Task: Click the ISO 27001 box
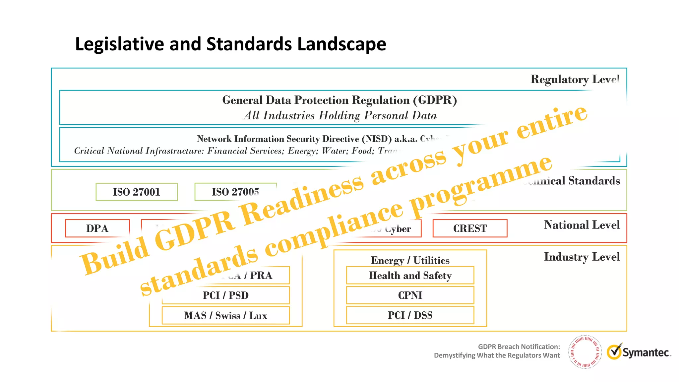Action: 137,192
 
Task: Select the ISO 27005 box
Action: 235,192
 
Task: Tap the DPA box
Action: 97,228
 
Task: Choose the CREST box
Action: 470,228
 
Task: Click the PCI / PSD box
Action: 225,295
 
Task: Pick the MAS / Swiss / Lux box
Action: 225,315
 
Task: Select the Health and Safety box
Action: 410,275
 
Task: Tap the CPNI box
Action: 410,295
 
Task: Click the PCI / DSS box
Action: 410,315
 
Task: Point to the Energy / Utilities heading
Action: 410,260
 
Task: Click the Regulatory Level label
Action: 575,80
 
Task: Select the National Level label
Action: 582,225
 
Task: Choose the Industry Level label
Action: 582,257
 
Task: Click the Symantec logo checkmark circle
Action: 614,352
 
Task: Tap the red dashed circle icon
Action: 585,352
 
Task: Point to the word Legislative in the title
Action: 119,44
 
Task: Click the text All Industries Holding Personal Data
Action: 340,115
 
